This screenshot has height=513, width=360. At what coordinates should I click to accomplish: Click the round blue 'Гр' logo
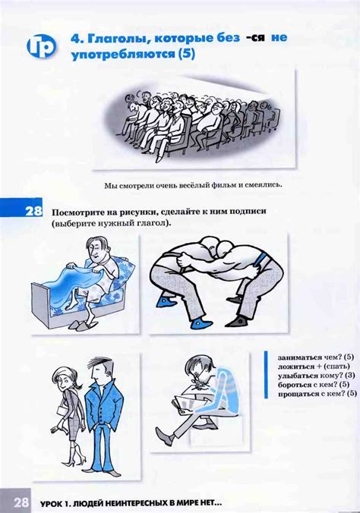click(41, 46)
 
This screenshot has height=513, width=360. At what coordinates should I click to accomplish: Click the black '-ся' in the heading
click(255, 38)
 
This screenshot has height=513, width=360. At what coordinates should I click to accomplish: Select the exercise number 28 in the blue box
click(33, 210)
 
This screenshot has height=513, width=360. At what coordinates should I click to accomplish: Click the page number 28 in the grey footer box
click(21, 502)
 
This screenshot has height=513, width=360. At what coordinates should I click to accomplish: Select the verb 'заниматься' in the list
click(298, 357)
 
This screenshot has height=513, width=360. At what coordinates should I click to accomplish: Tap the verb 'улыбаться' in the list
click(298, 376)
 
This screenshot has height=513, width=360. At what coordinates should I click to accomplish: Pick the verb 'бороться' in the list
click(294, 385)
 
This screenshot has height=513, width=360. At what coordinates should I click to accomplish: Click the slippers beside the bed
click(82, 325)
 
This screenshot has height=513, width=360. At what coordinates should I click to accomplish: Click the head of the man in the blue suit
click(100, 370)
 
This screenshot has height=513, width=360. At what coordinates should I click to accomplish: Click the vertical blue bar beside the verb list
click(266, 375)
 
